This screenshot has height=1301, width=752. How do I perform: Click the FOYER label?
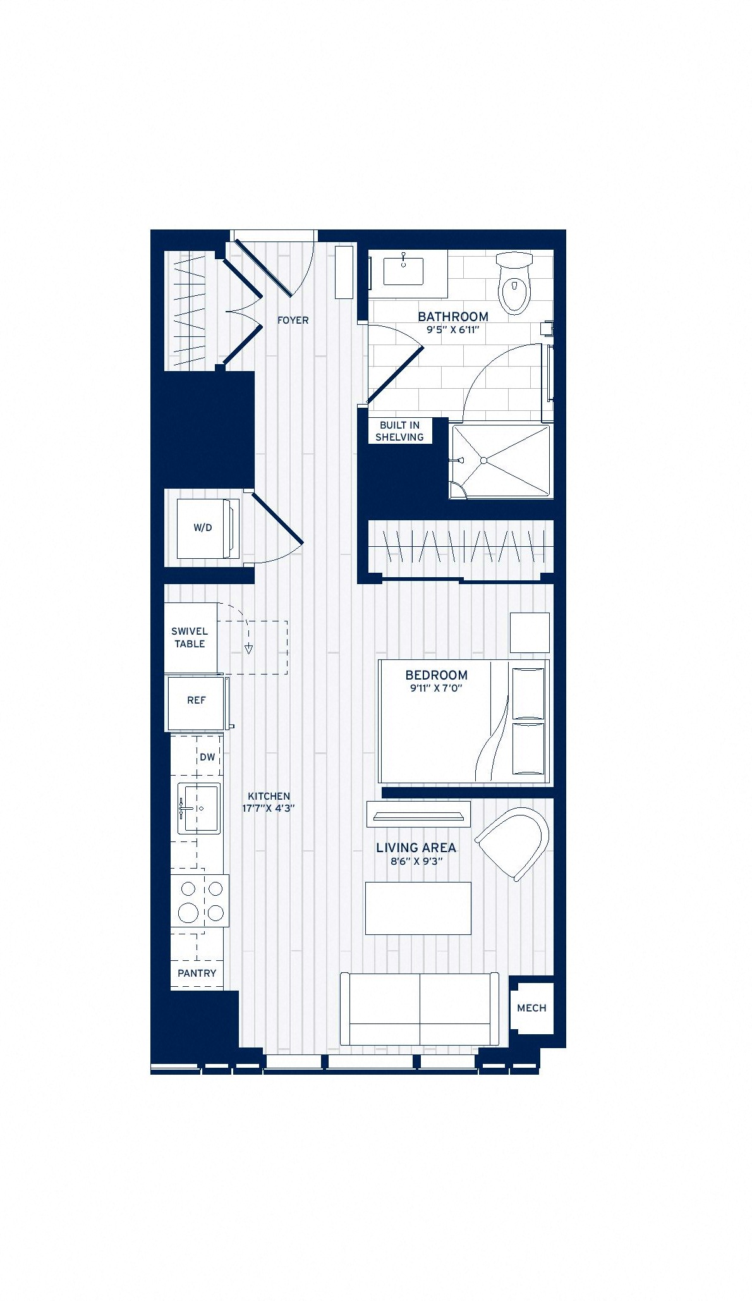pos(293,321)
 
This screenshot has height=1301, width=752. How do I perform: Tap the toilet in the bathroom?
pos(514,283)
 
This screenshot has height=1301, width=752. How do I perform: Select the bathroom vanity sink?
pos(403,271)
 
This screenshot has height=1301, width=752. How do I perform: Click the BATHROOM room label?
pos(453,317)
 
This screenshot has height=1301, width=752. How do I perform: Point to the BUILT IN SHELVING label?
pos(399,431)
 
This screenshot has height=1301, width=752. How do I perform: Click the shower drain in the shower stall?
pos(483,461)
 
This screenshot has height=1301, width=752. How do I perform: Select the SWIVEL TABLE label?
pos(190,637)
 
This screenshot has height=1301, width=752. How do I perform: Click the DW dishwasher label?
pos(207,757)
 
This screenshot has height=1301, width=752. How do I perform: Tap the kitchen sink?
pos(198,808)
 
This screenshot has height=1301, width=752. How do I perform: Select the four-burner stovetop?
pos(200,901)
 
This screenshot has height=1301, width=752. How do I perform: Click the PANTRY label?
pos(197,974)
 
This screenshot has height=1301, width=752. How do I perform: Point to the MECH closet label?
pos(531,1008)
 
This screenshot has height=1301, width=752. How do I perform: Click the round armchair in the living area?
pos(514,842)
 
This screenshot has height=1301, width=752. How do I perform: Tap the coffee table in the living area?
pos(418,908)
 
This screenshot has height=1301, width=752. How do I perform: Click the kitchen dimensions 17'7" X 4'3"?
pos(269,809)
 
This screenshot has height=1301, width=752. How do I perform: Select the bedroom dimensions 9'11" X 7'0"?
pos(436,688)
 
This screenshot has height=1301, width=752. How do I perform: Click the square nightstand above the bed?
pos(530,632)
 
